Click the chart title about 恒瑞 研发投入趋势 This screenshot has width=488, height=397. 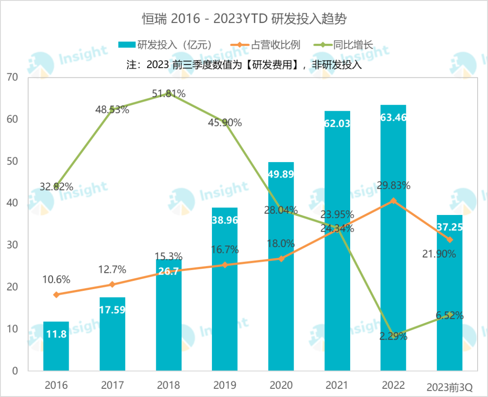tap(244, 19)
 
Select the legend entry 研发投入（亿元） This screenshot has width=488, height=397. tap(165, 45)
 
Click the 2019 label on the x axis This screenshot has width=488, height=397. tap(225, 385)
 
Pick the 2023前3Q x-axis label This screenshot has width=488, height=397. tap(450, 387)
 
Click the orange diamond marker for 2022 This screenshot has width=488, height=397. tap(393, 201)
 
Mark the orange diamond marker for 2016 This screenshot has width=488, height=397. tap(56, 294)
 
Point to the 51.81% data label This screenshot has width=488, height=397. tap(169, 94)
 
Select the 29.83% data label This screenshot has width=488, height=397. tap(393, 185)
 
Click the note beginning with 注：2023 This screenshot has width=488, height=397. tap(244, 65)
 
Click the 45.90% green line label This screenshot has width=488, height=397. tap(225, 122)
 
